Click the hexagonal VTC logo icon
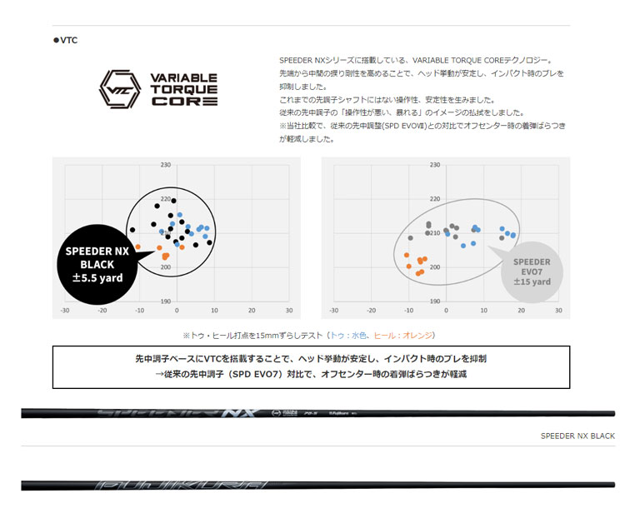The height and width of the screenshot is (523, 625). tap(118, 89)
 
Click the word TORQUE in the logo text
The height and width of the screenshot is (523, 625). tap(184, 89)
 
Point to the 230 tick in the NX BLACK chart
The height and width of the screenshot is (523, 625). tap(165, 166)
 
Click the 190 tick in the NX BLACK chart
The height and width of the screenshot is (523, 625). tap(165, 301)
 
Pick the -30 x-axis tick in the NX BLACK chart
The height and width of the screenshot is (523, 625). tap(65, 311)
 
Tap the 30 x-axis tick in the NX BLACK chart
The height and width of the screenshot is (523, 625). tap(289, 311)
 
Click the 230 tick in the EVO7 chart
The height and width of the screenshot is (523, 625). tap(434, 166)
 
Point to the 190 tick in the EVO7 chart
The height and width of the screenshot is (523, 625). tap(434, 301)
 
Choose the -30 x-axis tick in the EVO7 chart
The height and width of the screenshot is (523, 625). tap(334, 311)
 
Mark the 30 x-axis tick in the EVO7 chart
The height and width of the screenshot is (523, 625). tap(558, 311)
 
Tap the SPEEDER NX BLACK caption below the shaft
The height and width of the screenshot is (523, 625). tap(577, 436)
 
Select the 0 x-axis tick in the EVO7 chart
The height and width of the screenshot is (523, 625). tap(447, 311)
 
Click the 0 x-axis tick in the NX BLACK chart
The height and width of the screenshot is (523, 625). tap(177, 311)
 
